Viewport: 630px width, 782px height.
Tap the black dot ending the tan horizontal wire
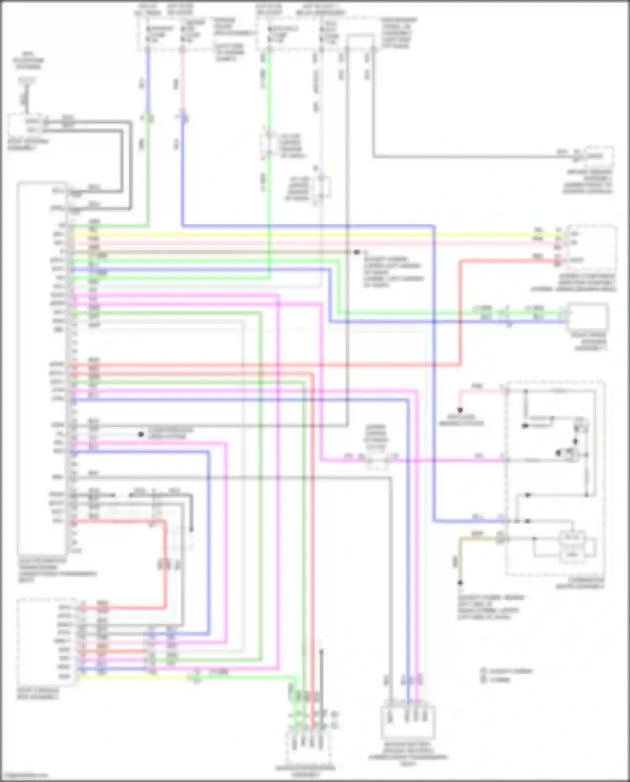click(x=357, y=252)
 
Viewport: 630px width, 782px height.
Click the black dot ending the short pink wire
click(x=460, y=410)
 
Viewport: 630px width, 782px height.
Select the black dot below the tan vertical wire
click(x=460, y=583)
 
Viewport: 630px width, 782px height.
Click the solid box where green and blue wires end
click(x=587, y=316)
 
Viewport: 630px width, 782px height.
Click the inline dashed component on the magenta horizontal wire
click(x=377, y=461)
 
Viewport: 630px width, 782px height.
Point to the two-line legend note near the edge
click(x=506, y=675)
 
